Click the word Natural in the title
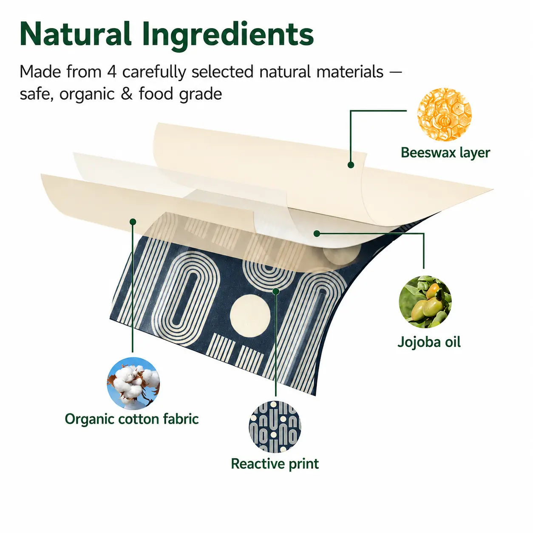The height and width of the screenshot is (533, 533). click(x=75, y=34)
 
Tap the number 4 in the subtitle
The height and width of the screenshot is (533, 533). click(x=111, y=72)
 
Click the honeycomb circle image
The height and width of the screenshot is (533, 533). click(x=444, y=114)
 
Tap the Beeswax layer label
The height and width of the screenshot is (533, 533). click(x=445, y=153)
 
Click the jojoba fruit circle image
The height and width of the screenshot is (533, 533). click(x=425, y=302)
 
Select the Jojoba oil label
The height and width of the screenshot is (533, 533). click(x=429, y=343)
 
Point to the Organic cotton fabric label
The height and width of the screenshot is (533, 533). click(x=132, y=419)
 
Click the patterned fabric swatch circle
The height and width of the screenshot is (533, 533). click(x=275, y=427)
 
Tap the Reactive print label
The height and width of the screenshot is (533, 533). click(x=275, y=464)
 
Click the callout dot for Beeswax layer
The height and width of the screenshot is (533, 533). click(x=351, y=165)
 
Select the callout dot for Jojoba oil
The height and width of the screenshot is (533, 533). click(x=317, y=234)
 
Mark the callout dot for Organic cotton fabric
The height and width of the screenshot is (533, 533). click(x=133, y=221)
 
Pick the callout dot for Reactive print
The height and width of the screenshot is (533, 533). click(x=276, y=291)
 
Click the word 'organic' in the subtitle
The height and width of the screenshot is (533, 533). click(x=87, y=95)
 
